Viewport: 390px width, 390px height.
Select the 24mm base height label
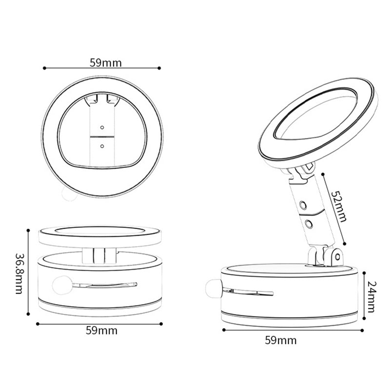tap(372, 296)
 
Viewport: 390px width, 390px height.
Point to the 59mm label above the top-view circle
tap(106, 62)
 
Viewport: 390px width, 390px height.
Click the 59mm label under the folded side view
tap(101, 330)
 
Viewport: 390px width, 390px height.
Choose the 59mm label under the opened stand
tap(281, 340)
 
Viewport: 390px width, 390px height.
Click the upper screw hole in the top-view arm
tap(102, 127)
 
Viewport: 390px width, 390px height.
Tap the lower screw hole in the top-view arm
tap(102, 145)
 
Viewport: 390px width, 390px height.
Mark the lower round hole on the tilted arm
tap(309, 224)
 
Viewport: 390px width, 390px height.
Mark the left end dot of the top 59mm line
tap(44, 68)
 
